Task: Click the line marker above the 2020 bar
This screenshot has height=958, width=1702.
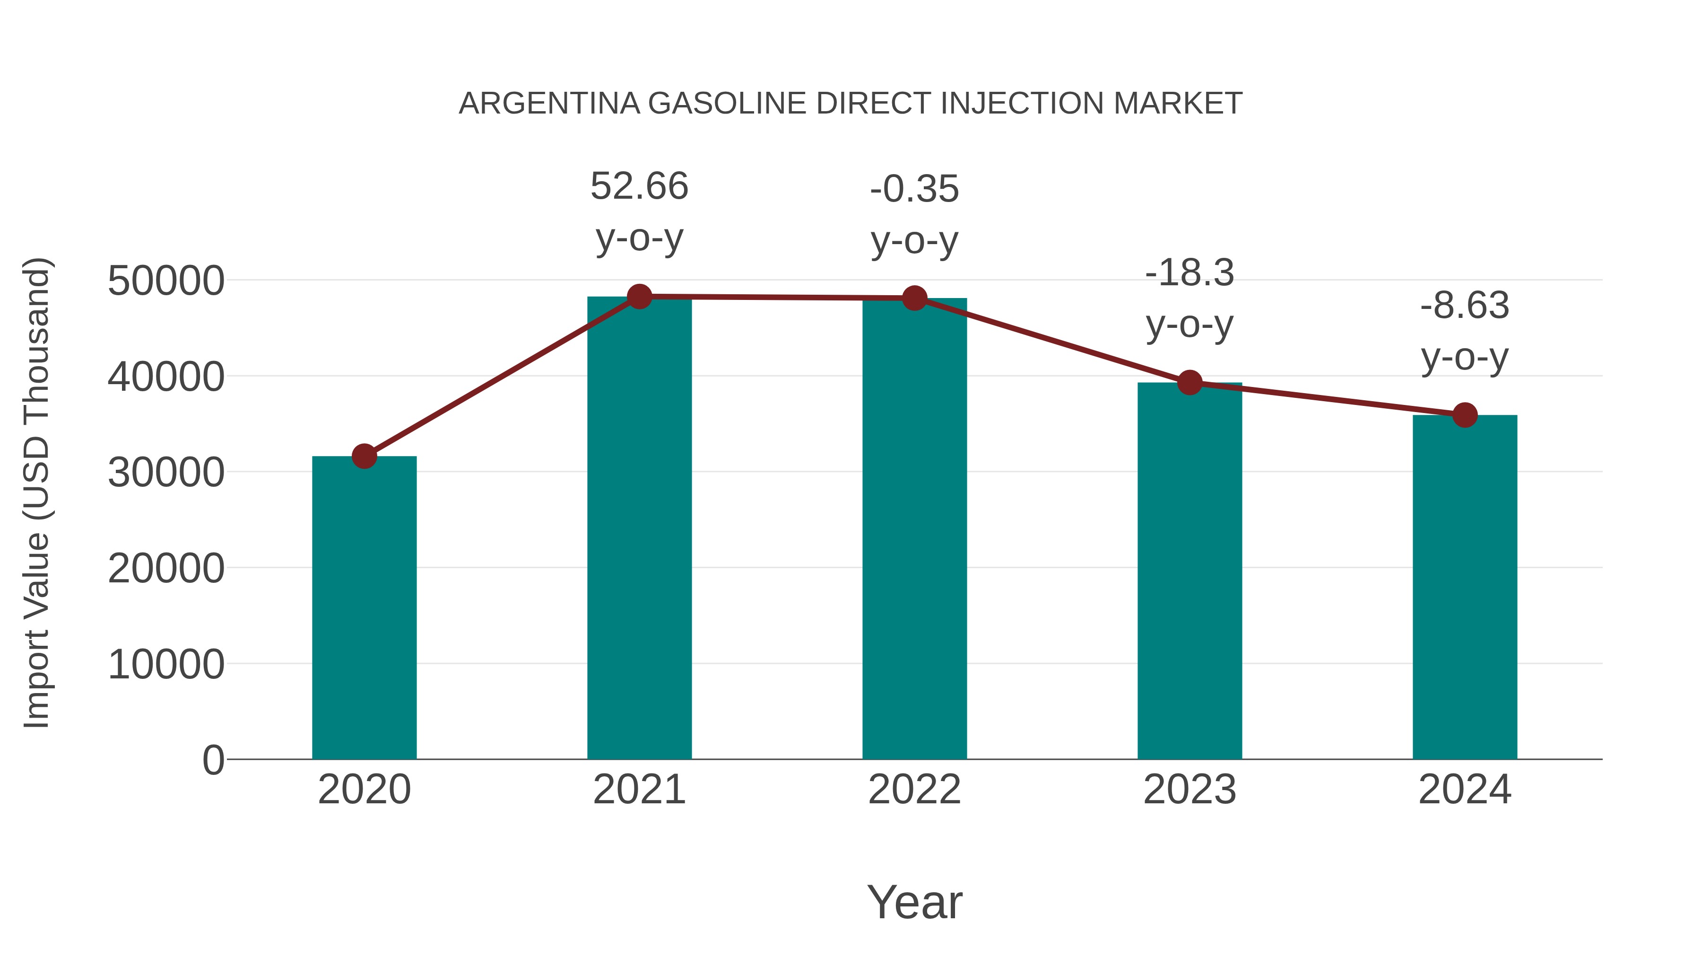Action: (x=364, y=456)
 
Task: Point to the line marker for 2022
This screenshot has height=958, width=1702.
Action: (x=914, y=298)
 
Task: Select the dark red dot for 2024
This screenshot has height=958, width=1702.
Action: (x=1464, y=415)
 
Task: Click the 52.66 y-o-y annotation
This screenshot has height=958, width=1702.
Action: (x=639, y=211)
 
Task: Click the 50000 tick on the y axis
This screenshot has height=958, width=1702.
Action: (x=166, y=281)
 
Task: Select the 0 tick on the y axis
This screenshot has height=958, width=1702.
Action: (x=213, y=760)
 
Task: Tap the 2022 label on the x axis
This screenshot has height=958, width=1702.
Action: (x=914, y=790)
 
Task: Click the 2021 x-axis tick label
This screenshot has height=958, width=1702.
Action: (x=639, y=790)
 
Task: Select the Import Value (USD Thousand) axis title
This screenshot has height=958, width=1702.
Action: (x=37, y=492)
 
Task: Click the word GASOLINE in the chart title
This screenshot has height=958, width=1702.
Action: (x=728, y=104)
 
